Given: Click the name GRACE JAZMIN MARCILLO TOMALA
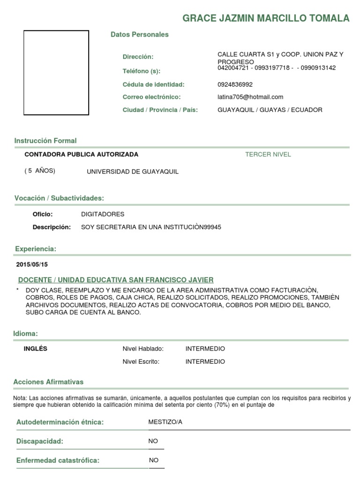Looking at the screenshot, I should (x=266, y=18).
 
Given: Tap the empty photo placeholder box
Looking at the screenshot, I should (x=56, y=73).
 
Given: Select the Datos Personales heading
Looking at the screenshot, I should (x=139, y=35).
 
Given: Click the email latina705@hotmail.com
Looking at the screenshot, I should (x=250, y=97).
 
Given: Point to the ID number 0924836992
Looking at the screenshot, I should (x=235, y=84).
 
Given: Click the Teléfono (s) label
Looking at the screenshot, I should (x=141, y=71).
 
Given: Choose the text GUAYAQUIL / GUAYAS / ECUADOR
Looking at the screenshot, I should (x=270, y=110).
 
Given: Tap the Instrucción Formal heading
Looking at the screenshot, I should (x=45, y=141).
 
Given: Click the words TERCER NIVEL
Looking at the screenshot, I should (x=268, y=154).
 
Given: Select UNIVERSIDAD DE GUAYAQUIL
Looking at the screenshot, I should (x=133, y=172).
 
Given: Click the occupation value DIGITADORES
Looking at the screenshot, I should (x=103, y=214).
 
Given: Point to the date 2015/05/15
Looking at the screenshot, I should (x=32, y=264).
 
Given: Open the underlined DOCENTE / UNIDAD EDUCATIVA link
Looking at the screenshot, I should (x=116, y=280).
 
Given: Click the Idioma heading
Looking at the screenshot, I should (x=25, y=334).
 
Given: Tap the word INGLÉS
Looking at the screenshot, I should (x=36, y=349).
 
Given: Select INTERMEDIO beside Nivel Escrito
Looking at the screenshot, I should (x=205, y=361).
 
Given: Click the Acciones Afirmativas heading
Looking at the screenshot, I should (x=48, y=382).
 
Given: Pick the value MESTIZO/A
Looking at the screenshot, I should (x=165, y=422).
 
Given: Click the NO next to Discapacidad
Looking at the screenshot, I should (x=153, y=441).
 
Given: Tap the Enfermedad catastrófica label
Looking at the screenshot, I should (x=58, y=460).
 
